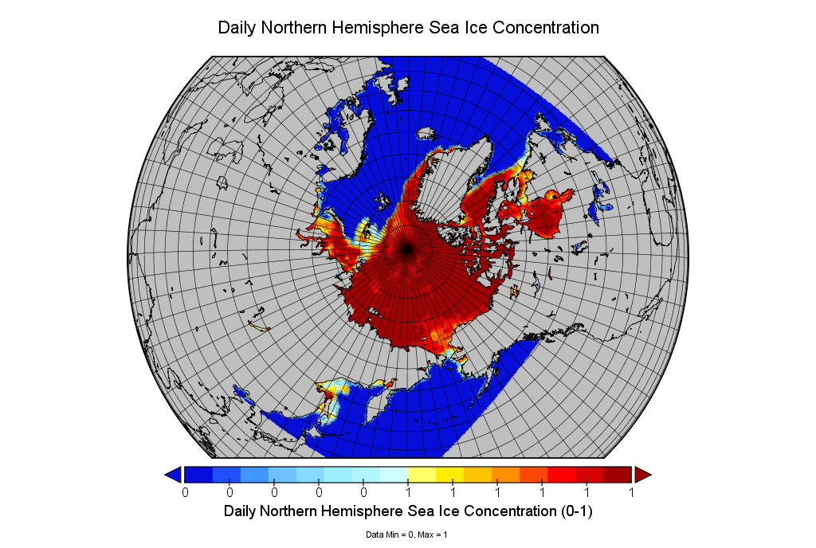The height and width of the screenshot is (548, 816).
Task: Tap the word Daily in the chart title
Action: coord(237,28)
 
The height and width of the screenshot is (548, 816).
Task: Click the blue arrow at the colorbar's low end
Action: coord(172,475)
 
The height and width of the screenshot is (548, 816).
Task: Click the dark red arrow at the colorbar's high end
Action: coord(643,475)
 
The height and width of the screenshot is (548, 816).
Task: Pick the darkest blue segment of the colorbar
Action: coord(198,475)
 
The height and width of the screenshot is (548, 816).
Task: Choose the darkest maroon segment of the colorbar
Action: coord(618,475)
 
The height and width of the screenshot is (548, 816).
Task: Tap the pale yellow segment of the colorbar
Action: coord(422,475)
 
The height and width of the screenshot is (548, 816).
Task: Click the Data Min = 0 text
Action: coord(389,534)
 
